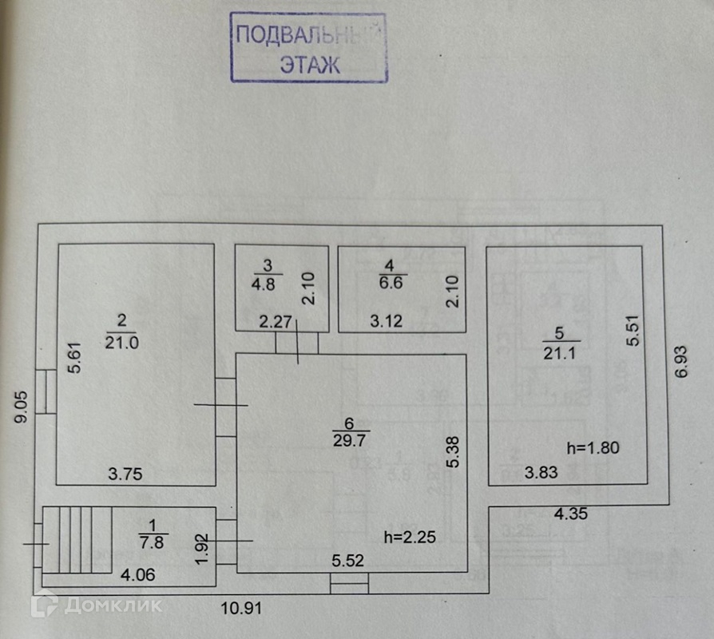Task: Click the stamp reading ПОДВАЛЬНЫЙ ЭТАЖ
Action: (309, 48)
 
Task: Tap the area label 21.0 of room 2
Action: (121, 341)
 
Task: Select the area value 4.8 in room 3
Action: (268, 283)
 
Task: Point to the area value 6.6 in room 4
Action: (389, 283)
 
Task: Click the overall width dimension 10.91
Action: (242, 608)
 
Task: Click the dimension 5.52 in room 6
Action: (348, 561)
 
